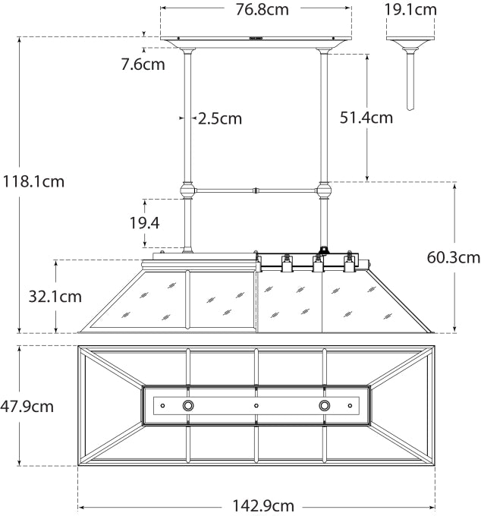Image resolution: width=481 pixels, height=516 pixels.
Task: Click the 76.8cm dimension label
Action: [256, 10]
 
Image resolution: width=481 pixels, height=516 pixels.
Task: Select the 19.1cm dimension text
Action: [410, 10]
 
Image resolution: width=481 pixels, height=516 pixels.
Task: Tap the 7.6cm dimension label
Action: [143, 64]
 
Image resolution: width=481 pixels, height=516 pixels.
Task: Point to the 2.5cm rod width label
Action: [219, 118]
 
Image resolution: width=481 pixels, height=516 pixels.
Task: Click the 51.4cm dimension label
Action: [366, 118]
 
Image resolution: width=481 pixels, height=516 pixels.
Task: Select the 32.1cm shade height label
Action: [55, 296]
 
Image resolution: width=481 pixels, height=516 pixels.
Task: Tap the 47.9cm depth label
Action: [27, 406]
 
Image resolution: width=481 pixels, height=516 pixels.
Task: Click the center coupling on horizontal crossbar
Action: [256, 190]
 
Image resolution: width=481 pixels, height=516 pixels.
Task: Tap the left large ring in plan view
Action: [187, 406]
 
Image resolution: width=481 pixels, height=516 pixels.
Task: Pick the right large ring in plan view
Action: [325, 406]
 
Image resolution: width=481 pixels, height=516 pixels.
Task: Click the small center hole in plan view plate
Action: [256, 406]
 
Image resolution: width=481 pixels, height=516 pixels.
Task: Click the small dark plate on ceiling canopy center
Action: [256, 36]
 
